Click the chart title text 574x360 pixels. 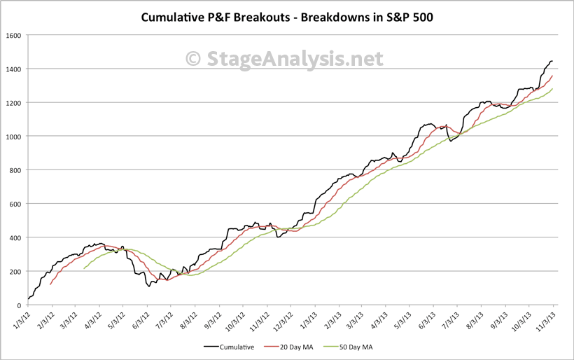[x=286, y=16]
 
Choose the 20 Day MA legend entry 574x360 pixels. [x=293, y=346]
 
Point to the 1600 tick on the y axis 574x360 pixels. [x=14, y=35]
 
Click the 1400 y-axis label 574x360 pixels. [x=14, y=69]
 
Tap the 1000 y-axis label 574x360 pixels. [x=14, y=137]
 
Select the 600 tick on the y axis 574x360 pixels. [x=15, y=204]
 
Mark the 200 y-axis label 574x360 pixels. [x=15, y=271]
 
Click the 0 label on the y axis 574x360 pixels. [x=20, y=305]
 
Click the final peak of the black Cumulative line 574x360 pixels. [x=552, y=61]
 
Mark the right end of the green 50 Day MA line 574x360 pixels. [x=553, y=89]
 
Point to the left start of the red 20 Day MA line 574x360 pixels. [x=50, y=284]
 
